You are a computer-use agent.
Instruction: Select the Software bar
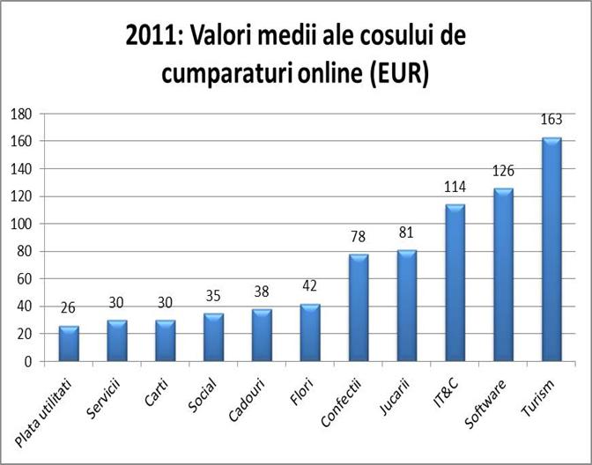503,275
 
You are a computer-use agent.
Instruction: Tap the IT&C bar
455,283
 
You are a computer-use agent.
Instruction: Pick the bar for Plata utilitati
69,343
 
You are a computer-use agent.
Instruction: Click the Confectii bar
359,307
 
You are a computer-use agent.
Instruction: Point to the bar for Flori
310,332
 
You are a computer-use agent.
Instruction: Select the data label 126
503,171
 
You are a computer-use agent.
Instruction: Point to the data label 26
69,309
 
